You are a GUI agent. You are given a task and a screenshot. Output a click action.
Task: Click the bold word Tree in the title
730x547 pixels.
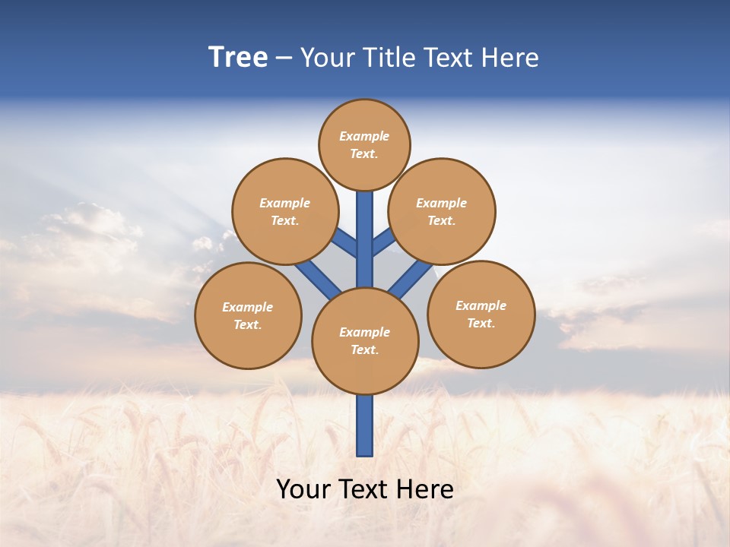pos(238,58)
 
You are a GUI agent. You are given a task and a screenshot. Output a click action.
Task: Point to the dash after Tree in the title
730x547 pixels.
pos(284,58)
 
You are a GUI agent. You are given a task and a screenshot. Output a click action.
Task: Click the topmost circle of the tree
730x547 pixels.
pos(364,144)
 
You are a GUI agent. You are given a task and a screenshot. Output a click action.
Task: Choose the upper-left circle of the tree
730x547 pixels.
pos(284,211)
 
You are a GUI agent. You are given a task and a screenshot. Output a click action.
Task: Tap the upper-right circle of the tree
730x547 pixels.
pos(441,211)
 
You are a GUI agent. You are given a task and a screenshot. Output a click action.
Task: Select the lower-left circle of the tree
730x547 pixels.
pos(248,315)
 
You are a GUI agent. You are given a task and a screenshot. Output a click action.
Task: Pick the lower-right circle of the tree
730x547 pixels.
pos(481,314)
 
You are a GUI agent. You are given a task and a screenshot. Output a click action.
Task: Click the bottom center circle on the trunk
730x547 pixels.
pos(365,341)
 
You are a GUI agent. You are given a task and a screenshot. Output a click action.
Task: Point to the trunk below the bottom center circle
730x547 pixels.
pos(365,425)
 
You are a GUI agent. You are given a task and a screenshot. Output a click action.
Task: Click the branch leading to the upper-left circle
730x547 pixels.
pos(345,244)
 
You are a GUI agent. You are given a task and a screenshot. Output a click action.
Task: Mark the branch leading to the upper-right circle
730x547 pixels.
pos(383,242)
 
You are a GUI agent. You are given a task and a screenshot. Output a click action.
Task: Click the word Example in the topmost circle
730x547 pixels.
pos(364,137)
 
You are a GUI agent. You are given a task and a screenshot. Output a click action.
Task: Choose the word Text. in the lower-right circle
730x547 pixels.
pos(481,323)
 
